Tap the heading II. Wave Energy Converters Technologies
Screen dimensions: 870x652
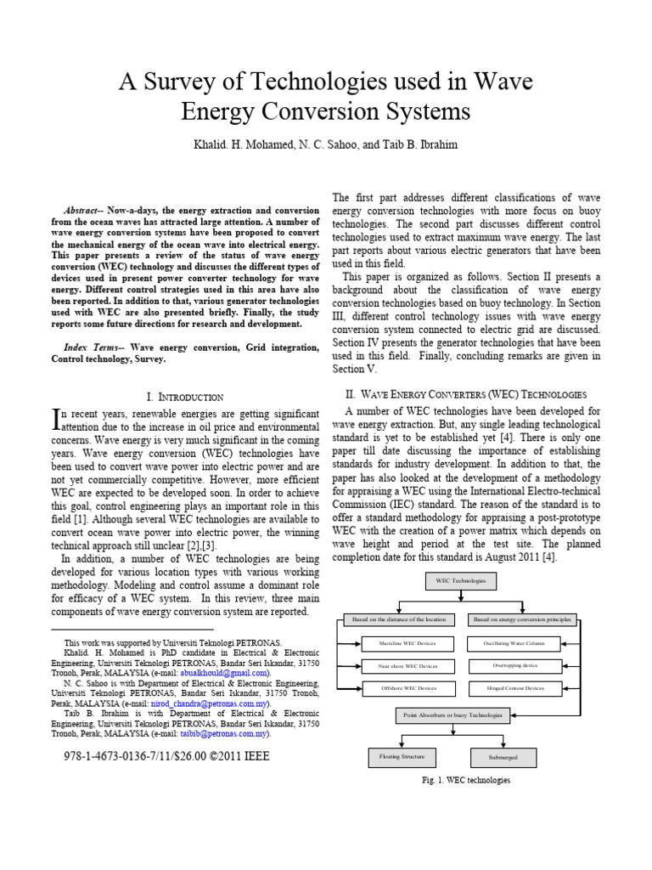click(x=465, y=395)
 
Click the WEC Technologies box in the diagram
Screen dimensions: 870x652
click(x=461, y=581)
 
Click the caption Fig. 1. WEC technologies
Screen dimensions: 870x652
click(x=466, y=780)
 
